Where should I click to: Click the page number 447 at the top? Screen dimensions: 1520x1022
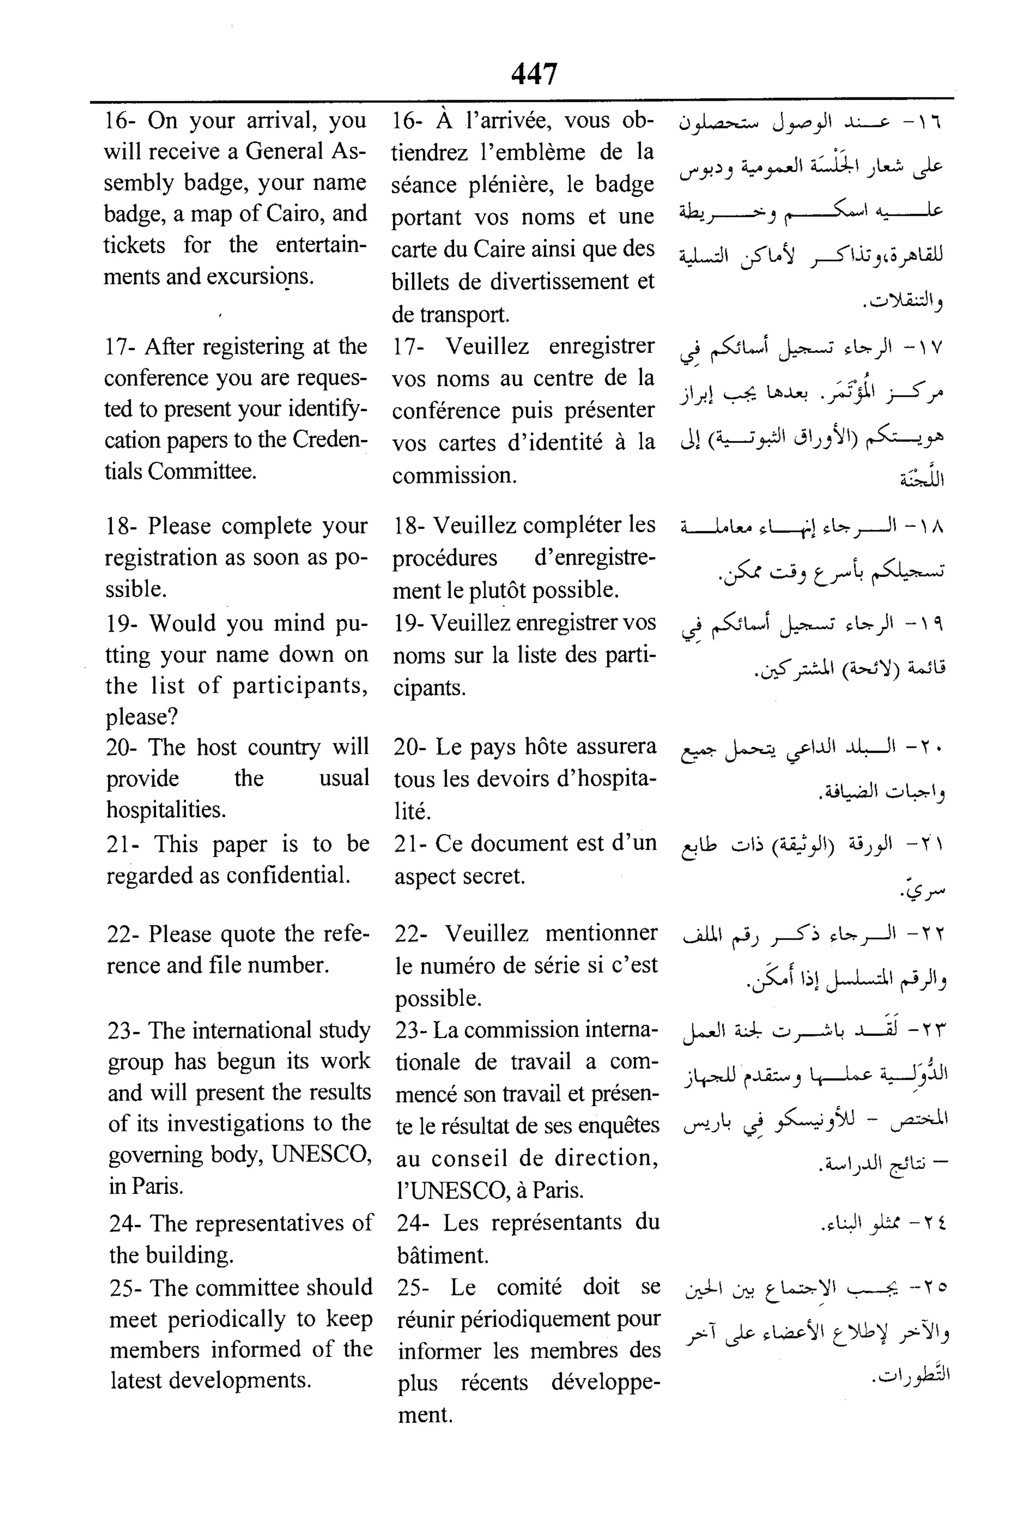point(534,74)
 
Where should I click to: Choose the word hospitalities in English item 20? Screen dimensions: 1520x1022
point(166,810)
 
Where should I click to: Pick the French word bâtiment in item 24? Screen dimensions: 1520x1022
point(443,1255)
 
